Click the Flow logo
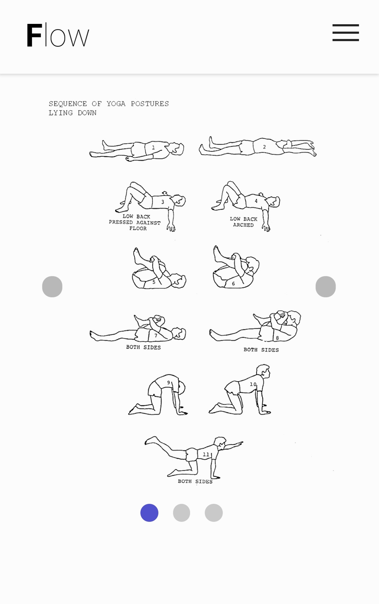[x=58, y=35]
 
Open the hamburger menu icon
[x=346, y=33]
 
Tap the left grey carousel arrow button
[x=52, y=287]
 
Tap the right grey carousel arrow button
[x=326, y=287]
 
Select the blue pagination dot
[x=149, y=513]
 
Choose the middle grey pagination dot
[x=181, y=513]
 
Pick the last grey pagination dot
[x=214, y=513]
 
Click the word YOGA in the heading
[x=116, y=104]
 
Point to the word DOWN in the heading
[x=87, y=113]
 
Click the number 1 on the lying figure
[x=153, y=148]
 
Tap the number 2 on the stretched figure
[x=264, y=147]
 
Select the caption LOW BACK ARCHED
[x=244, y=222]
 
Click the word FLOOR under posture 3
[x=138, y=228]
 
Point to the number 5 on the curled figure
[x=154, y=282]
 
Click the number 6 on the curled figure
[x=233, y=284]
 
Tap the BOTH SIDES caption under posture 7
[x=144, y=347]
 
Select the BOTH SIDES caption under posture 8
[x=261, y=350]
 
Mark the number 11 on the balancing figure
[x=206, y=454]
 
